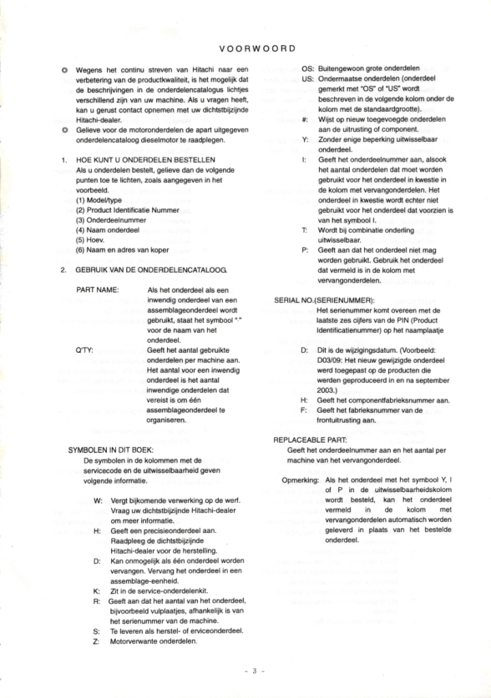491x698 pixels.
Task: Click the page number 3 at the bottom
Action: pos(247,670)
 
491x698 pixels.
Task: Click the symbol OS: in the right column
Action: pos(306,68)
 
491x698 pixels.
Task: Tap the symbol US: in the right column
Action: pos(306,78)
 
